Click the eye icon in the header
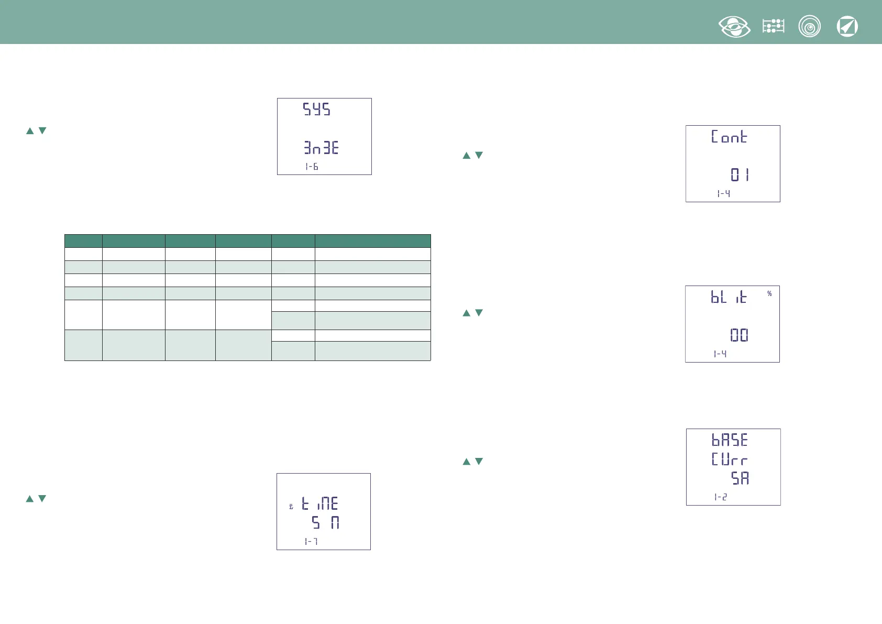(x=734, y=27)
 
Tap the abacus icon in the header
(x=773, y=26)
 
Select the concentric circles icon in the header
(x=809, y=27)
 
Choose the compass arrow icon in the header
(x=847, y=27)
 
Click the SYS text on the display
(x=316, y=110)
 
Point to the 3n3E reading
(x=321, y=148)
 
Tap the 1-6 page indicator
(x=312, y=167)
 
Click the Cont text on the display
(x=729, y=137)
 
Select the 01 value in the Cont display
(x=740, y=174)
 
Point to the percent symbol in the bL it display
(x=769, y=293)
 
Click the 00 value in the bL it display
(x=739, y=335)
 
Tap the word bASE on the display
(x=729, y=440)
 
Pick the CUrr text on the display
(x=729, y=459)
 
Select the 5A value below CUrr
(x=740, y=478)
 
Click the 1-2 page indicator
(x=720, y=497)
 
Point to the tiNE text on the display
(x=320, y=504)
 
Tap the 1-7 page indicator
(x=311, y=541)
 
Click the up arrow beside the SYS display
(x=30, y=131)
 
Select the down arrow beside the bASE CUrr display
(x=479, y=462)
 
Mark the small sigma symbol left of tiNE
(x=291, y=507)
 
